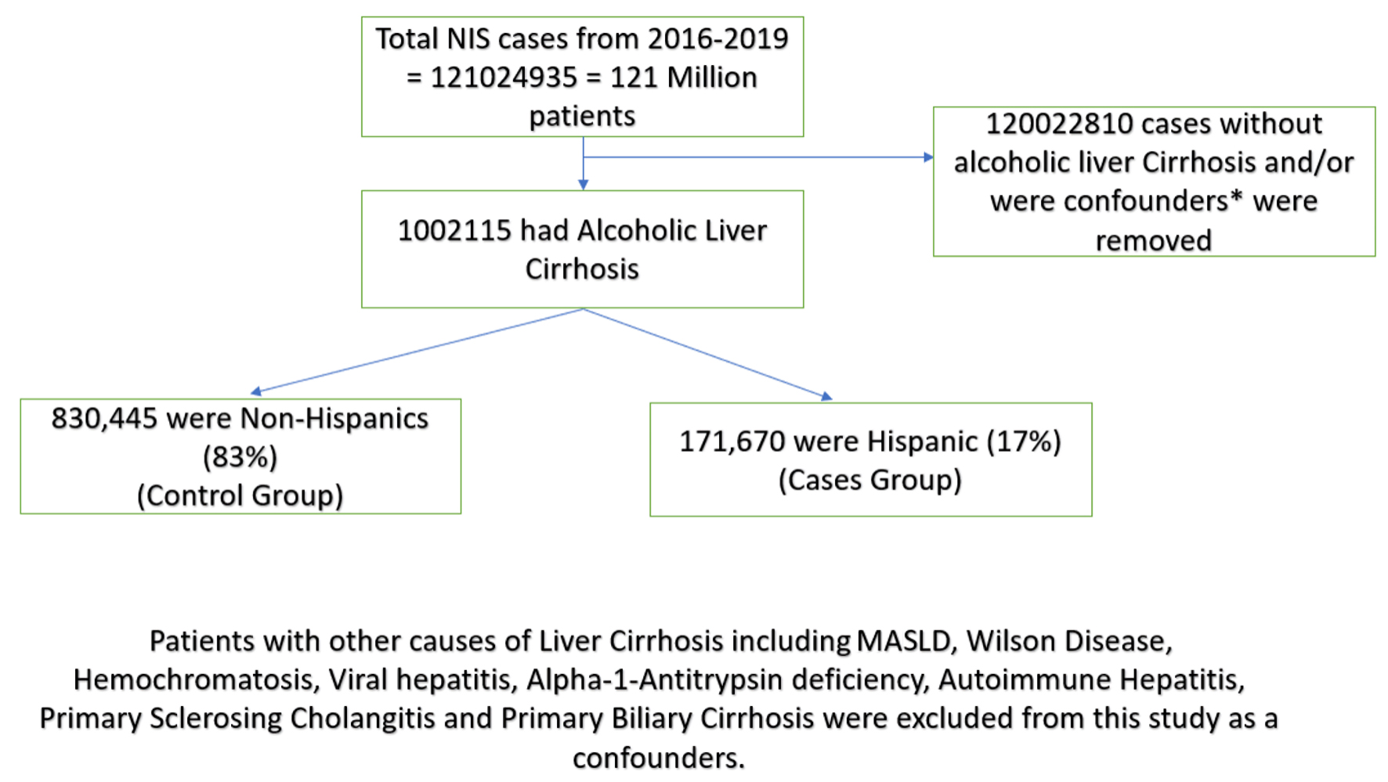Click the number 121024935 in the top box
(x=503, y=77)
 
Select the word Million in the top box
(x=712, y=77)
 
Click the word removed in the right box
(x=1153, y=240)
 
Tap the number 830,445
(x=104, y=419)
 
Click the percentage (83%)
(x=240, y=457)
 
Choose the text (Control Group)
(x=240, y=496)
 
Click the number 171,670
(x=732, y=441)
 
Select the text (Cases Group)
(x=869, y=480)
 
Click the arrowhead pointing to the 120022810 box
(x=928, y=157)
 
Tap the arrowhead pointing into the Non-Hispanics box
(x=256, y=391)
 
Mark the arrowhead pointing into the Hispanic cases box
(x=826, y=397)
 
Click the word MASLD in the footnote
(x=905, y=641)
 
